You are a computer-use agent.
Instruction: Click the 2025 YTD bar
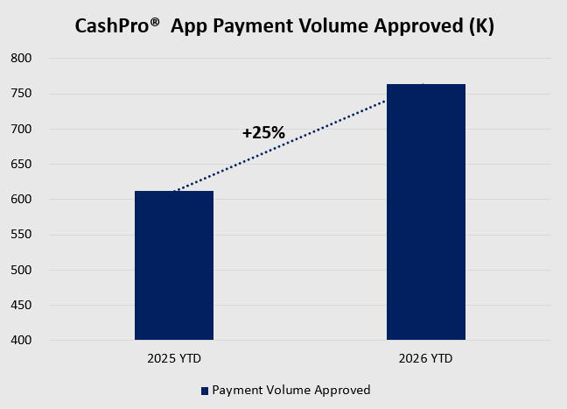[174, 265]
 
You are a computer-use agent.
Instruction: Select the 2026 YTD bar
[426, 212]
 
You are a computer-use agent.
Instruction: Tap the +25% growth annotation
[263, 133]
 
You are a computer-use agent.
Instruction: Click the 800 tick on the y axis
[21, 58]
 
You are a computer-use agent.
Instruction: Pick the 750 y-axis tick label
[21, 94]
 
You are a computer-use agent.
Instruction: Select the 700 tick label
[21, 129]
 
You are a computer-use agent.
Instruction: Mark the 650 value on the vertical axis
[21, 164]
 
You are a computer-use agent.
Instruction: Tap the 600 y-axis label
[21, 199]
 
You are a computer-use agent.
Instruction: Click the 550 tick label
[21, 235]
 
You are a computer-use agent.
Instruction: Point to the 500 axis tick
[21, 270]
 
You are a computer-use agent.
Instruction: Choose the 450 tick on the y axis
[21, 305]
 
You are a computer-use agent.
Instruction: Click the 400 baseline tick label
[21, 340]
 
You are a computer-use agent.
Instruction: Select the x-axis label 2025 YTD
[174, 359]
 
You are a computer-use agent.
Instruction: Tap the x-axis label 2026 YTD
[425, 359]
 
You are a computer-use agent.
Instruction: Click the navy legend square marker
[205, 391]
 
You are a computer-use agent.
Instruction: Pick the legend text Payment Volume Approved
[291, 391]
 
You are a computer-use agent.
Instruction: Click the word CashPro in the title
[112, 26]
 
